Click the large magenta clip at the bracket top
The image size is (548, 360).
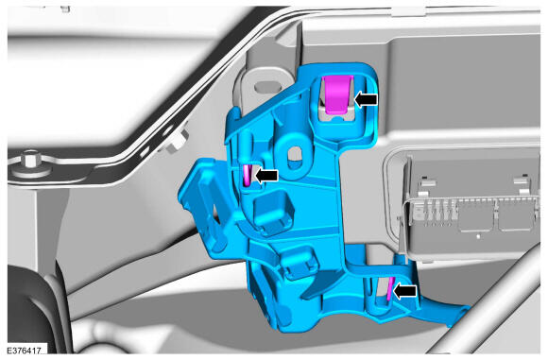[337, 94]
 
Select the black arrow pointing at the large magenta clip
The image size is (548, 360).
[366, 99]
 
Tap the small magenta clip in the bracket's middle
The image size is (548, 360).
[247, 175]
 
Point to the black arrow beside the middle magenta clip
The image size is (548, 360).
[266, 175]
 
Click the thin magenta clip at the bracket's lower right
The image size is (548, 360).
[390, 289]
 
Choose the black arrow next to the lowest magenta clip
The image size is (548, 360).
[405, 291]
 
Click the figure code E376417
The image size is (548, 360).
[25, 350]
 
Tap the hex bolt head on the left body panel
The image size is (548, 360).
[31, 162]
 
